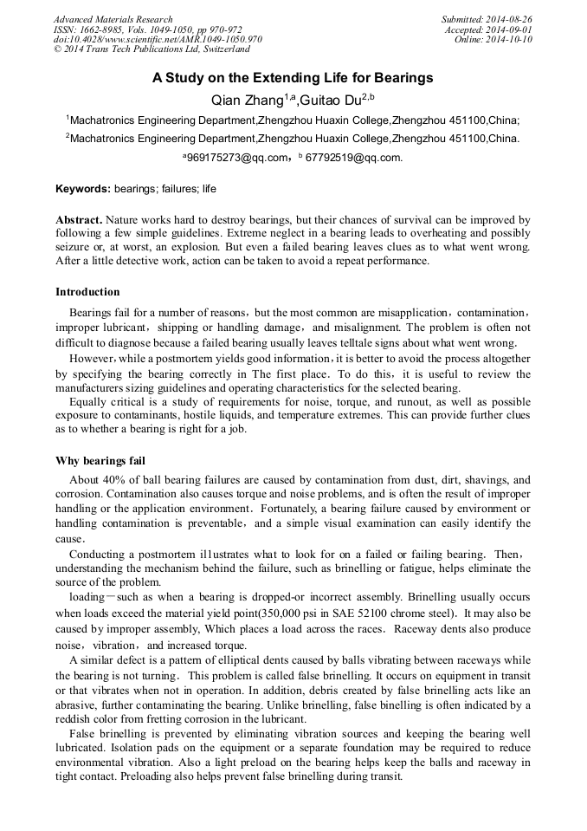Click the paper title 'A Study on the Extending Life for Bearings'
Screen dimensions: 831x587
click(x=293, y=78)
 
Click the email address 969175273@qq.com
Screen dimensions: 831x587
click(x=237, y=158)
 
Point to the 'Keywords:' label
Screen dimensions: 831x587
click(x=83, y=188)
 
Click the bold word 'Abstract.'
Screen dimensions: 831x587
click(x=80, y=221)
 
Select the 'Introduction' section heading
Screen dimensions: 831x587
click(x=87, y=291)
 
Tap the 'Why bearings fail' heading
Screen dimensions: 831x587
click(x=100, y=460)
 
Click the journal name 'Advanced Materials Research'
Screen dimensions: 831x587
click(x=113, y=19)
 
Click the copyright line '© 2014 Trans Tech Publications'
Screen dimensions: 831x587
click(x=139, y=50)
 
